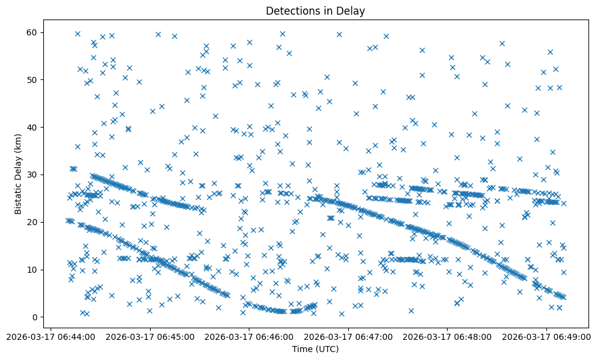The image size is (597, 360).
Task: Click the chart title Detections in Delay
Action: click(x=315, y=11)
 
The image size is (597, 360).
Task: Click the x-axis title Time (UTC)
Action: click(x=315, y=349)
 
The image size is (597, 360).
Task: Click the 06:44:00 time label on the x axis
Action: click(x=51, y=336)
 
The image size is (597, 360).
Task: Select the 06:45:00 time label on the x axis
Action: click(x=150, y=336)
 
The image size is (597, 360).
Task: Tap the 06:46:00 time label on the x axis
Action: click(x=249, y=336)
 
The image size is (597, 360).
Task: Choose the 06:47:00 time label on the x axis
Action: click(x=349, y=336)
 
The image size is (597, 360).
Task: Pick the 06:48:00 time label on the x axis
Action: click(x=448, y=336)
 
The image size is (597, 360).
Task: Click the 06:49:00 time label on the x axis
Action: click(x=547, y=336)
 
